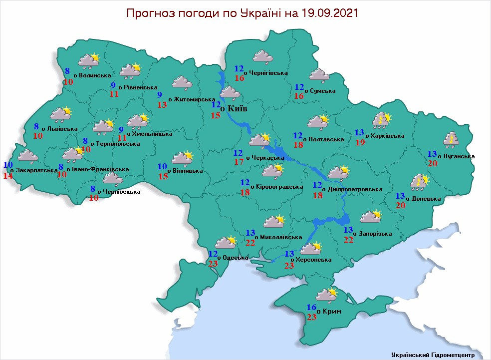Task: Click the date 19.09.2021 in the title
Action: click(330, 13)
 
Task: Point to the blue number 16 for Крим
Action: click(311, 307)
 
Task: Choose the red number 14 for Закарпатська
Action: click(8, 175)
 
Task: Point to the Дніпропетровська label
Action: click(355, 189)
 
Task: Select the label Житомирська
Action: click(195, 100)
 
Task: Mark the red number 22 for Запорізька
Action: click(348, 239)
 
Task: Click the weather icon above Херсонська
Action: click(311, 248)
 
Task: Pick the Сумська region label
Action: click(322, 91)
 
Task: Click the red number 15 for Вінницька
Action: click(163, 176)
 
